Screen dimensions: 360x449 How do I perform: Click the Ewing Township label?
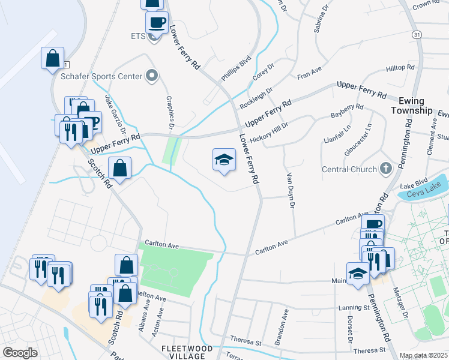point(411,106)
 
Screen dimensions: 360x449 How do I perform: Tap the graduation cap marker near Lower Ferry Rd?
point(224,160)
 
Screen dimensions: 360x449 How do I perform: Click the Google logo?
point(20,353)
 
